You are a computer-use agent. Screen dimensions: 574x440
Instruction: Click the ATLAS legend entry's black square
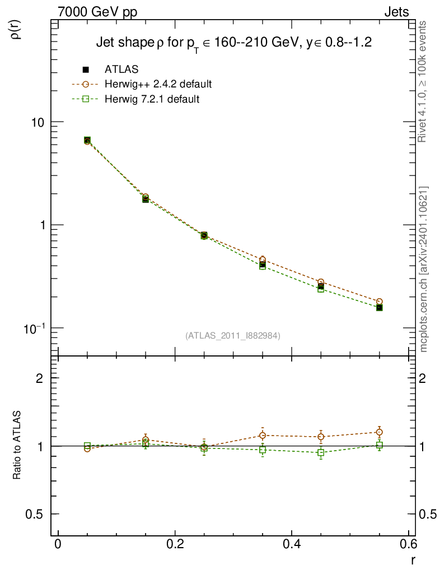click(x=86, y=70)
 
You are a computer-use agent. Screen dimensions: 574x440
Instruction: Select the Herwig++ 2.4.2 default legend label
click(x=158, y=84)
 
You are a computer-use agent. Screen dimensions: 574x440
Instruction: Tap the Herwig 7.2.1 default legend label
click(x=152, y=99)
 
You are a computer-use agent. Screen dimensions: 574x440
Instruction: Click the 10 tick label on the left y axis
click(x=38, y=122)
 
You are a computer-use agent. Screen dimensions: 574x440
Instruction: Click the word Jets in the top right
click(x=396, y=12)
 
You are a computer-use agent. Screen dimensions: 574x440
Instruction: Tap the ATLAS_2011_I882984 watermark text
click(x=233, y=335)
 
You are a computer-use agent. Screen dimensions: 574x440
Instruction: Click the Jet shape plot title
click(x=234, y=43)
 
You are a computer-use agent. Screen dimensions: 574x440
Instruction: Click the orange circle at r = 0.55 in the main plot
click(x=379, y=302)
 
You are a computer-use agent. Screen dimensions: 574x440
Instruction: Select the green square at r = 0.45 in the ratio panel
click(x=321, y=452)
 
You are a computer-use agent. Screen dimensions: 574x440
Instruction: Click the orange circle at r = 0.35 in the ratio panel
click(x=263, y=435)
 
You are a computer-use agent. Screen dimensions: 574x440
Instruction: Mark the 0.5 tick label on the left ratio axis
click(x=38, y=514)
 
